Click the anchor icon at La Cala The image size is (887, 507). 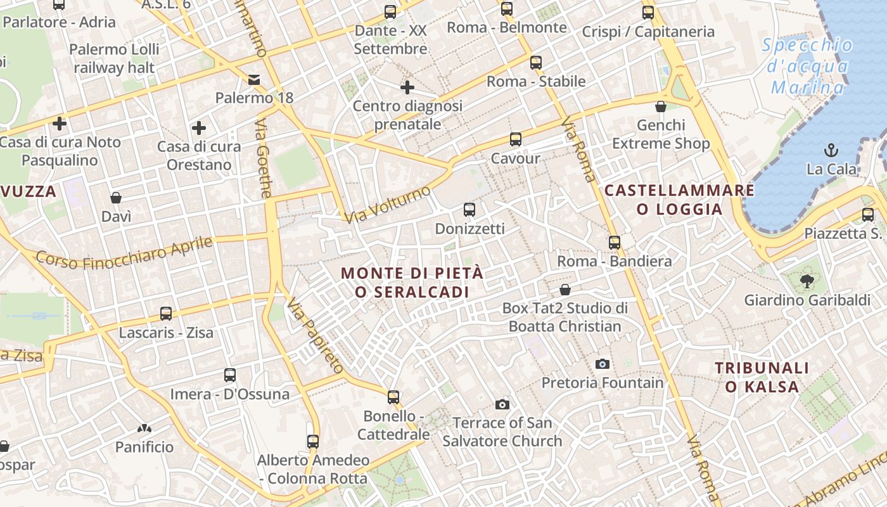tap(831, 150)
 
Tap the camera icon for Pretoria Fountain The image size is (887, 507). tap(603, 364)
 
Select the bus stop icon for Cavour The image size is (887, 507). tap(516, 139)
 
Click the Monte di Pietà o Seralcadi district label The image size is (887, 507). tap(412, 283)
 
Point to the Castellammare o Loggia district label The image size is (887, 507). tap(679, 200)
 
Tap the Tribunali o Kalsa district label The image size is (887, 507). tap(762, 377)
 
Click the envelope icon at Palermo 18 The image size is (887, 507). tap(254, 79)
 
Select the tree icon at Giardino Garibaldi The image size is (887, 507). tap(807, 281)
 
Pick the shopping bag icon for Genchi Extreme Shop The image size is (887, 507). tap(661, 106)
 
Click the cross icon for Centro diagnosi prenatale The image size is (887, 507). tap(407, 87)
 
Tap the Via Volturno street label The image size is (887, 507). tap(388, 204)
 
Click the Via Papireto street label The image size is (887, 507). tap(315, 336)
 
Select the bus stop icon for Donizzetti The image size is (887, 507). tap(469, 209)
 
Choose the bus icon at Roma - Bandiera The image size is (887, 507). tap(614, 242)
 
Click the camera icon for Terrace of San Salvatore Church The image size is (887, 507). tap(502, 404)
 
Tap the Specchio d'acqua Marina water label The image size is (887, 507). tap(807, 66)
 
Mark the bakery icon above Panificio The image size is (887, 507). tap(144, 428)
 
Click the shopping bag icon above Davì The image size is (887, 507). tap(116, 198)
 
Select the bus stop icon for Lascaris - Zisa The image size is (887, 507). tap(166, 313)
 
